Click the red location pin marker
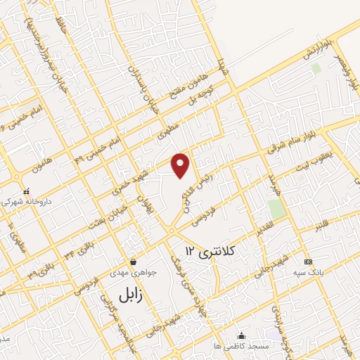(x=181, y=165)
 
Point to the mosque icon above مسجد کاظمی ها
(x=241, y=335)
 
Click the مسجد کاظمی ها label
(x=242, y=347)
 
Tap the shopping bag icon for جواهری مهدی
(x=132, y=262)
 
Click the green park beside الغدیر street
(x=276, y=208)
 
